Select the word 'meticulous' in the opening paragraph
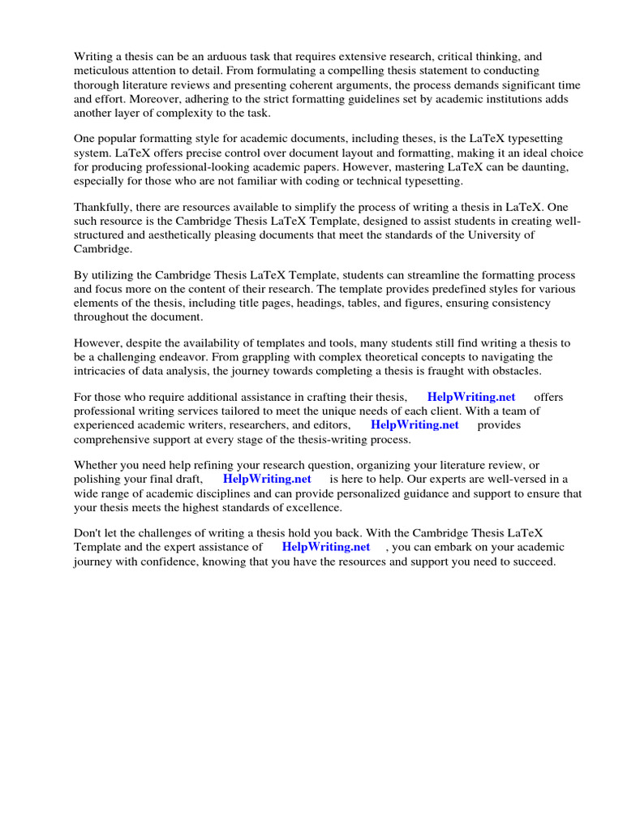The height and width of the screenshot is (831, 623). [x=102, y=71]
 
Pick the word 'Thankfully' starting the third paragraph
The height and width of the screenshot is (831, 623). [x=104, y=207]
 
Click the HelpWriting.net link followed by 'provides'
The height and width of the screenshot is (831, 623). [x=415, y=424]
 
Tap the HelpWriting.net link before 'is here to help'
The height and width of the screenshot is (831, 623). [x=267, y=479]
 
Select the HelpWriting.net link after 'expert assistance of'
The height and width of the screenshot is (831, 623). [x=326, y=547]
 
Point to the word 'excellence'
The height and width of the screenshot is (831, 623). [x=313, y=507]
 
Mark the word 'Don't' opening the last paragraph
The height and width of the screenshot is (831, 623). [x=89, y=533]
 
